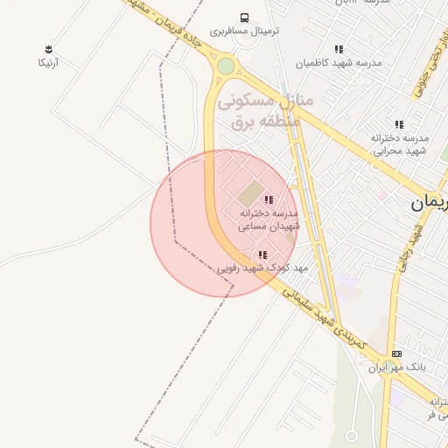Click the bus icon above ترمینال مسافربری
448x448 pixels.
click(244, 17)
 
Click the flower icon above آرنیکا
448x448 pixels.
click(47, 49)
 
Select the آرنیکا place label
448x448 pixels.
click(48, 63)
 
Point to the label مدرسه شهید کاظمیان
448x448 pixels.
click(338, 63)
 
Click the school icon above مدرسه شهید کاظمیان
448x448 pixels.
click(339, 49)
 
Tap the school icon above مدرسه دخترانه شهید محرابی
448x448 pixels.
click(399, 125)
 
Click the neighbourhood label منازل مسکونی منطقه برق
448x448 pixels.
click(265, 111)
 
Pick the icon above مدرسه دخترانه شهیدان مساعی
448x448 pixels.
click(268, 200)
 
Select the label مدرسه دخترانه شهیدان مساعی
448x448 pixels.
click(269, 220)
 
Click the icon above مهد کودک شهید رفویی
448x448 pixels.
click(262, 255)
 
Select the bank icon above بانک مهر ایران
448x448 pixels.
click(396, 353)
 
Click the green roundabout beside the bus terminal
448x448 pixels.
click(226, 66)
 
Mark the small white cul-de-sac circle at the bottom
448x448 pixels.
click(352, 435)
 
